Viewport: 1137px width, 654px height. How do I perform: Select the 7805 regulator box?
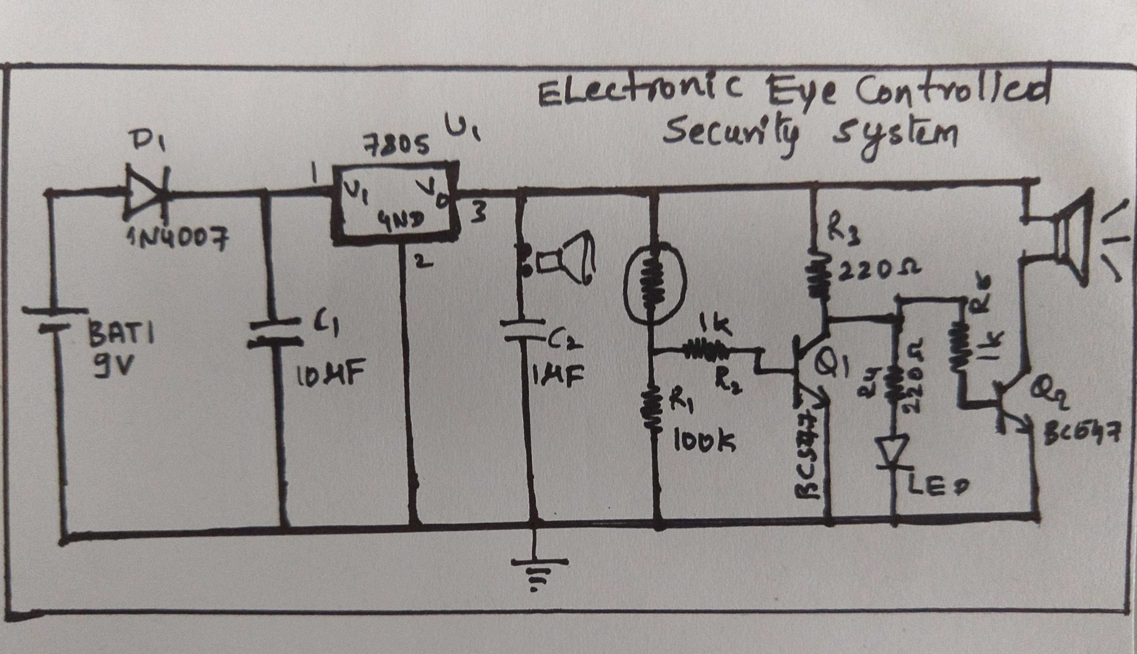396,204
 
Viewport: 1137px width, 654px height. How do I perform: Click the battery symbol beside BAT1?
55,320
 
